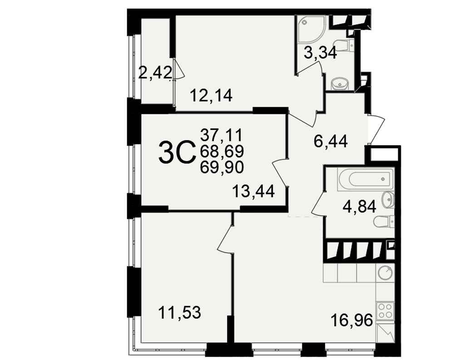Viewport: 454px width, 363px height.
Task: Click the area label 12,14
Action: (211, 96)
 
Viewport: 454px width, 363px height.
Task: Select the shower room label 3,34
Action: (321, 53)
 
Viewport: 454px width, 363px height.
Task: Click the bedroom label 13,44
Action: (253, 191)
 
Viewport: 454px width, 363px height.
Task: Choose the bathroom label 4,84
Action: (359, 207)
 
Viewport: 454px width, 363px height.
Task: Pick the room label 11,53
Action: (179, 313)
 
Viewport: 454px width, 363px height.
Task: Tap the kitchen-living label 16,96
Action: (351, 320)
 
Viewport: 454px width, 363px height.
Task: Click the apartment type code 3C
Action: (176, 152)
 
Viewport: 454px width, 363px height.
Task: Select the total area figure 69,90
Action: (222, 167)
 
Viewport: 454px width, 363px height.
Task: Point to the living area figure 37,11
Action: (222, 135)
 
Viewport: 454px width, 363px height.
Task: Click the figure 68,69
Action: (222, 151)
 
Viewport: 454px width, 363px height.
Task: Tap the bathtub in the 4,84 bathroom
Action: (365, 179)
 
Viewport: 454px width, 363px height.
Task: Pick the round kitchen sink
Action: (385, 273)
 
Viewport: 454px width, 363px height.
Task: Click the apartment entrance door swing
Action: (376, 129)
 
